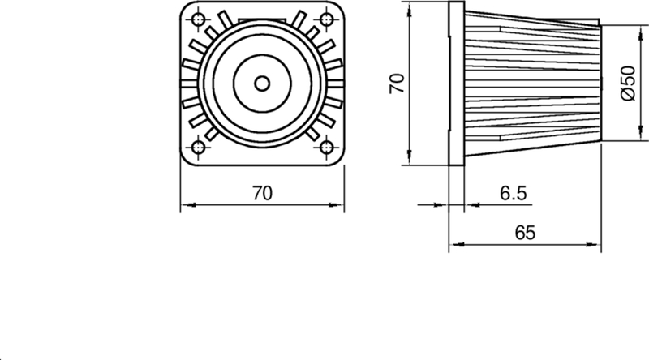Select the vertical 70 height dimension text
pyautogui.click(x=397, y=83)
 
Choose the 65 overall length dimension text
pyautogui.click(x=525, y=233)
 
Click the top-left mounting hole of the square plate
pyautogui.click(x=196, y=19)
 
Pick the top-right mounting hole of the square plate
pyautogui.click(x=327, y=19)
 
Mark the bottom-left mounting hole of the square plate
pyautogui.click(x=196, y=148)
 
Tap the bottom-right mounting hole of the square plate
pyautogui.click(x=327, y=148)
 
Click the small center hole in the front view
pyautogui.click(x=261, y=83)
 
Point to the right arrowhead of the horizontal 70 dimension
pyautogui.click(x=338, y=204)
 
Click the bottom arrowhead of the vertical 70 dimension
pyautogui.click(x=409, y=160)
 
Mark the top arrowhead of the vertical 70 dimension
pyautogui.click(x=409, y=6)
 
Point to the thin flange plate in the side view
pyautogui.click(x=457, y=83)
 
